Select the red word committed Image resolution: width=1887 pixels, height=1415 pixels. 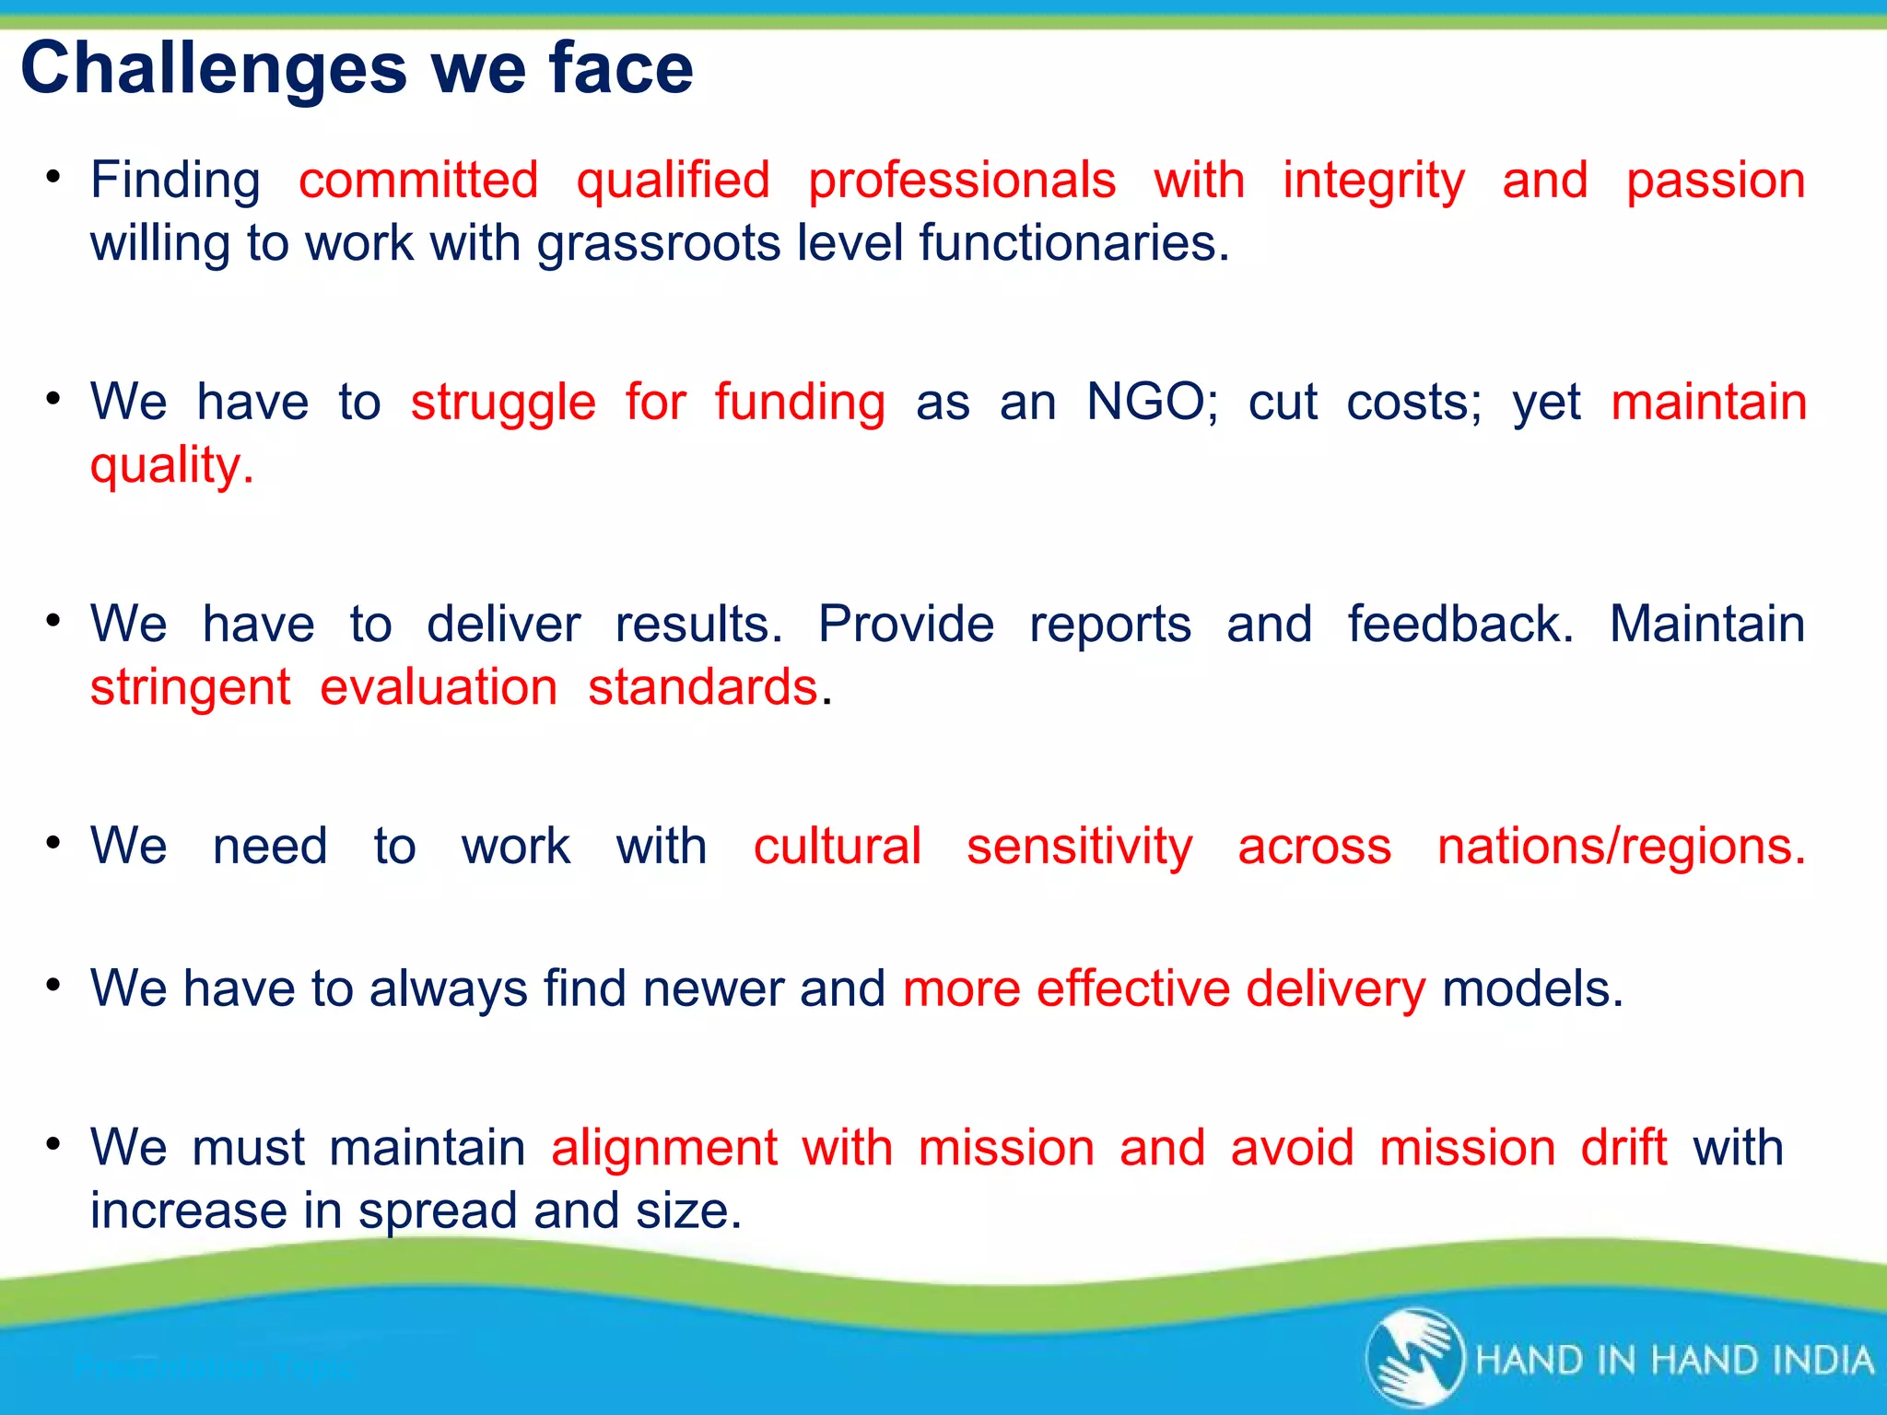pyautogui.click(x=418, y=180)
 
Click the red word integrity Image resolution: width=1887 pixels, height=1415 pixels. pyautogui.click(x=1374, y=181)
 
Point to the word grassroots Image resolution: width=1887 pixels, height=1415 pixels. pyautogui.click(x=659, y=245)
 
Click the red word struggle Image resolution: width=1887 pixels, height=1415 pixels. pyautogui.click(x=503, y=403)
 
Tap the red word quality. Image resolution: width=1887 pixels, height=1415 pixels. pyautogui.click(x=171, y=466)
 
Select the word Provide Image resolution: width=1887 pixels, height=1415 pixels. pyautogui.click(x=906, y=625)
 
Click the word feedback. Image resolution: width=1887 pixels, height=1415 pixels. pyautogui.click(x=1460, y=625)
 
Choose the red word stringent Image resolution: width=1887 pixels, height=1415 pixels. pyautogui.click(x=191, y=688)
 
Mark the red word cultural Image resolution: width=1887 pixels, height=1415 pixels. pyautogui.click(x=837, y=846)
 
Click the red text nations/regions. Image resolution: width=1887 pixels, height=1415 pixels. pyautogui.click(x=1622, y=846)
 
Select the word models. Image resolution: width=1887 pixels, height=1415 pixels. pyautogui.click(x=1532, y=988)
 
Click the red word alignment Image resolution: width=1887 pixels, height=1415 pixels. pyautogui.click(x=664, y=1149)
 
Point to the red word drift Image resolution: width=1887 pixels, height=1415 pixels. pyautogui.click(x=1623, y=1148)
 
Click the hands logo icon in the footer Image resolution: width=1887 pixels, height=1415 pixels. pyautogui.click(x=1414, y=1358)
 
